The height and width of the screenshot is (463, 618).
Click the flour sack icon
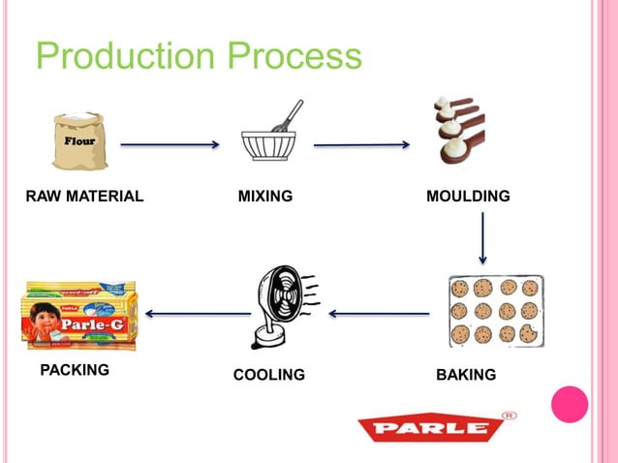[80, 143]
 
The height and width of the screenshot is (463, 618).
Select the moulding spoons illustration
[458, 134]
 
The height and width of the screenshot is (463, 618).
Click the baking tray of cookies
[494, 310]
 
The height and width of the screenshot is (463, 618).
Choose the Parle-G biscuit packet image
[80, 316]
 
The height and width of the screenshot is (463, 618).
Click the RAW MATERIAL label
[84, 197]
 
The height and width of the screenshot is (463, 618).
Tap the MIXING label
[265, 197]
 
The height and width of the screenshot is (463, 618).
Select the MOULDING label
[468, 197]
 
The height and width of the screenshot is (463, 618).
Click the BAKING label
[466, 375]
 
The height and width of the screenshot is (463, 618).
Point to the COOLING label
[269, 375]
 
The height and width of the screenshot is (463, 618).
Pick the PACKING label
[75, 370]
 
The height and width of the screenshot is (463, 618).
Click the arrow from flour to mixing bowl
[170, 145]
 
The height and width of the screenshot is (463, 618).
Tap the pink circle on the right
[570, 404]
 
